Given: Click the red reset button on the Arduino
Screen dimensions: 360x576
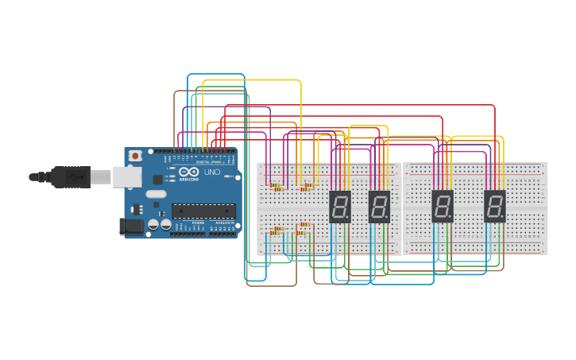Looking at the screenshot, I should [135, 155].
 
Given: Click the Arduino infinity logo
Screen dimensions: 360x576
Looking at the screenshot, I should [189, 171].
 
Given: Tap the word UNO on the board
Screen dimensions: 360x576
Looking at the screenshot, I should [212, 172].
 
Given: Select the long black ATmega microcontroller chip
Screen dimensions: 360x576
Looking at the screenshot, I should [203, 211].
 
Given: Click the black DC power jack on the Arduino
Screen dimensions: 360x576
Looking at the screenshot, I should [130, 226].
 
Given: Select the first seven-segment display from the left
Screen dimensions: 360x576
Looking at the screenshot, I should [340, 206].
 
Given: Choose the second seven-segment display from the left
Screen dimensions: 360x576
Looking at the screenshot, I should [379, 206].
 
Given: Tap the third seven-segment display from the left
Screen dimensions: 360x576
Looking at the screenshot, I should [443, 206].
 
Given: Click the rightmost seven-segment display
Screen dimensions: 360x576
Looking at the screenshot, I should [495, 206].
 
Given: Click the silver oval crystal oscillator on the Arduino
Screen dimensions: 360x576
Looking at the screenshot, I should [157, 194].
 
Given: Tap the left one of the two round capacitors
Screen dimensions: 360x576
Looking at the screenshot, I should [153, 225].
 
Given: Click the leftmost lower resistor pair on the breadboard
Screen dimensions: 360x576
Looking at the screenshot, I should [276, 230].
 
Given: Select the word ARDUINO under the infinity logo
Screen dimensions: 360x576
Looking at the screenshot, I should [189, 179].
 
